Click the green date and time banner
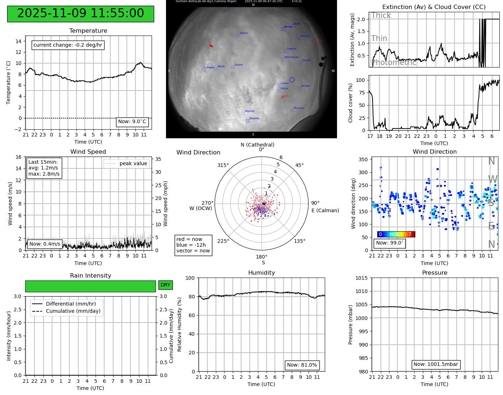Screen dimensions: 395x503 pyautogui.click(x=80, y=14)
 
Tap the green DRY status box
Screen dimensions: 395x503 pyautogui.click(x=165, y=285)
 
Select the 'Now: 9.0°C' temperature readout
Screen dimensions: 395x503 pyautogui.click(x=132, y=122)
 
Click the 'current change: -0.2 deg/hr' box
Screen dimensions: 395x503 pyautogui.click(x=68, y=45)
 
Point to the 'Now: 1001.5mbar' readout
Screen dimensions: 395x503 pyautogui.click(x=435, y=364)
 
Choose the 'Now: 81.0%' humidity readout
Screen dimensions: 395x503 pyautogui.click(x=302, y=365)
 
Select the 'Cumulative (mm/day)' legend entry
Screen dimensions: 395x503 pyautogui.click(x=73, y=311)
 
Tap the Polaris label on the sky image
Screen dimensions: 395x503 pyautogui.click(x=244, y=33)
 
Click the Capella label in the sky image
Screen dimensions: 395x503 pyautogui.click(x=291, y=49)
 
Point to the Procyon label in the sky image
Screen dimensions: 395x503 pyautogui.click(x=299, y=108)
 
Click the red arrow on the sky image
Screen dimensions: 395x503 pyautogui.click(x=211, y=46)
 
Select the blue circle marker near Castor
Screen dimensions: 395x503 pyautogui.click(x=292, y=80)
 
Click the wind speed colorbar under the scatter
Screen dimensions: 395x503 pyautogui.click(x=396, y=234)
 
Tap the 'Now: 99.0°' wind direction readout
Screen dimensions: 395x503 pyautogui.click(x=389, y=243)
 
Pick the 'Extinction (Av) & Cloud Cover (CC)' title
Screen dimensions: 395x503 pyautogui.click(x=434, y=7)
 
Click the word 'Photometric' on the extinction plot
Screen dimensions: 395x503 pyautogui.click(x=393, y=62)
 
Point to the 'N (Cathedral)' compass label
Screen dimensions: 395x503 pyautogui.click(x=257, y=145)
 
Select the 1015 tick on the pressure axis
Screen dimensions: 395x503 pyautogui.click(x=361, y=278)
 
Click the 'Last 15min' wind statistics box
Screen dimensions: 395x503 pyautogui.click(x=44, y=168)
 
